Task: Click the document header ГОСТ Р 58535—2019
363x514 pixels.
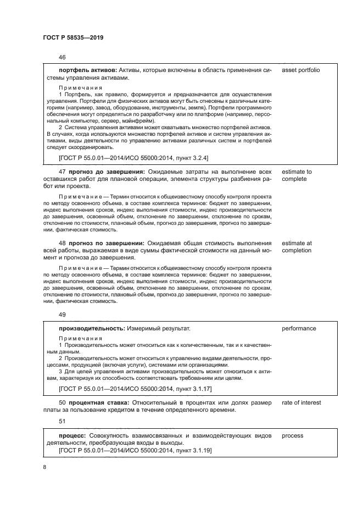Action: coord(73,38)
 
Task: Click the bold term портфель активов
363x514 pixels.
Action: coord(85,70)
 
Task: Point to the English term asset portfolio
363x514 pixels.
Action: coord(300,70)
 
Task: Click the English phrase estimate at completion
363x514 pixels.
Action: coord(297,246)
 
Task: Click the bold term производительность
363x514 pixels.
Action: coord(91,329)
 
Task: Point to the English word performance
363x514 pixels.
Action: coord(299,329)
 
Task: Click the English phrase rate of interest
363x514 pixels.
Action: coord(301,403)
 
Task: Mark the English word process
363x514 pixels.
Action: coord(293,436)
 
